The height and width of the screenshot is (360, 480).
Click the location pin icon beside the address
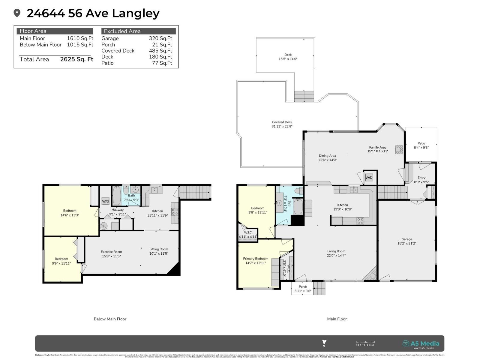click(x=17, y=13)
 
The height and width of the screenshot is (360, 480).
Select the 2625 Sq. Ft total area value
click(x=76, y=59)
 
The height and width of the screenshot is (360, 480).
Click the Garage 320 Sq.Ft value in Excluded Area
click(x=160, y=38)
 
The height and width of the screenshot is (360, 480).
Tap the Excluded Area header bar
click(x=138, y=31)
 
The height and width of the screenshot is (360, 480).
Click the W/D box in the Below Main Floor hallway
click(x=105, y=201)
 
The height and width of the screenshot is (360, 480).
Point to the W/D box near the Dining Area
click(x=369, y=178)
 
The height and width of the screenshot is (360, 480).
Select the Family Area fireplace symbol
click(x=399, y=150)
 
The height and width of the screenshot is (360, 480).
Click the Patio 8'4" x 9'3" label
click(x=421, y=145)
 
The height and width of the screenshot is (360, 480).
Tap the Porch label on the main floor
click(x=303, y=289)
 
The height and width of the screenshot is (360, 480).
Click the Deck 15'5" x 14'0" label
click(x=288, y=57)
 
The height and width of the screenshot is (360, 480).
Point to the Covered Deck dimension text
click(x=282, y=126)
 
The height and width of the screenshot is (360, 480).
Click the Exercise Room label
click(x=111, y=254)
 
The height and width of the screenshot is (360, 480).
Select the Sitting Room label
click(x=159, y=251)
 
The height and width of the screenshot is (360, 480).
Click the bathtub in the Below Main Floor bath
click(x=116, y=196)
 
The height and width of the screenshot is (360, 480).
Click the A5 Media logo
click(x=421, y=344)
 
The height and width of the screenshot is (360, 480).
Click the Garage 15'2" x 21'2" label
click(x=407, y=241)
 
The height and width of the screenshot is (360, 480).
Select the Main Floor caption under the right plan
click(x=337, y=319)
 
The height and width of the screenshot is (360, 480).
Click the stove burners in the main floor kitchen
click(x=360, y=221)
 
